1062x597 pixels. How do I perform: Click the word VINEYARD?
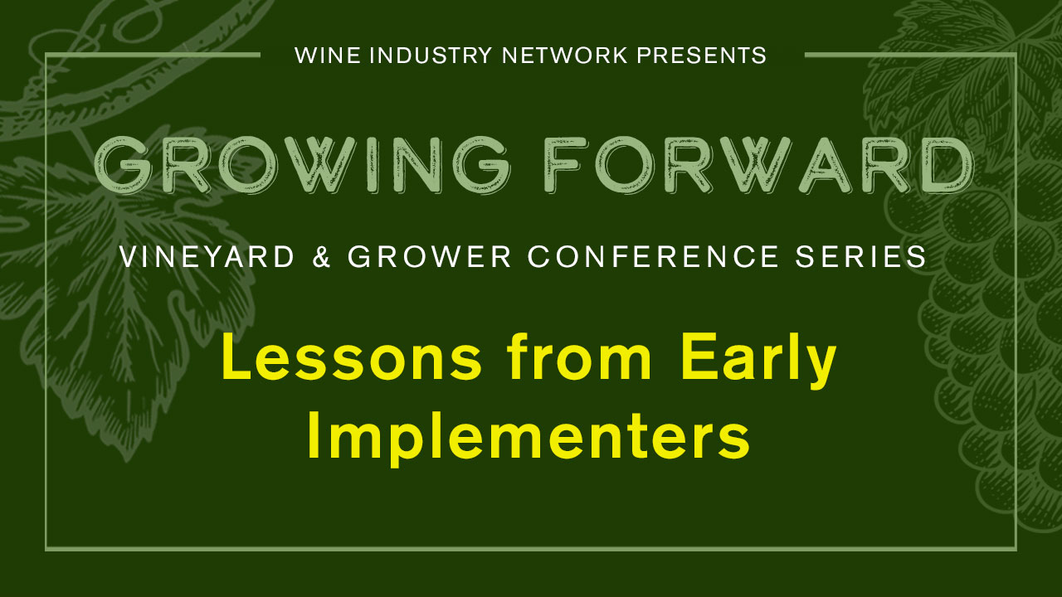[207, 257]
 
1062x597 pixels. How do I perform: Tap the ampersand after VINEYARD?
[322, 257]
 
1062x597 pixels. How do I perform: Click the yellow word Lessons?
[352, 362]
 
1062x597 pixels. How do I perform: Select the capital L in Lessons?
[236, 362]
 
